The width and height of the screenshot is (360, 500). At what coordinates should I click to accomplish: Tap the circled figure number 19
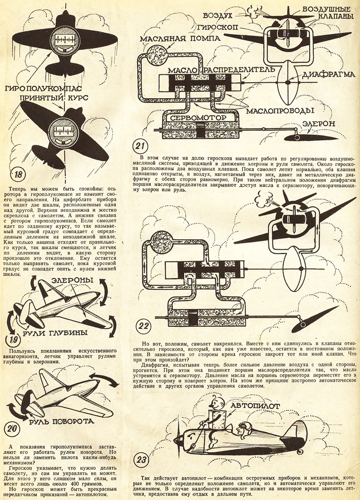[15, 340]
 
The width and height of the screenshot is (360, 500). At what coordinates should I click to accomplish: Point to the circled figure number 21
[140, 145]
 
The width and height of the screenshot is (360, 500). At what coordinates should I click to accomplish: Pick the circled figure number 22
[143, 326]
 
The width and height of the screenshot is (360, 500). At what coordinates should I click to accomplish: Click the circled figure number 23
[142, 460]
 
